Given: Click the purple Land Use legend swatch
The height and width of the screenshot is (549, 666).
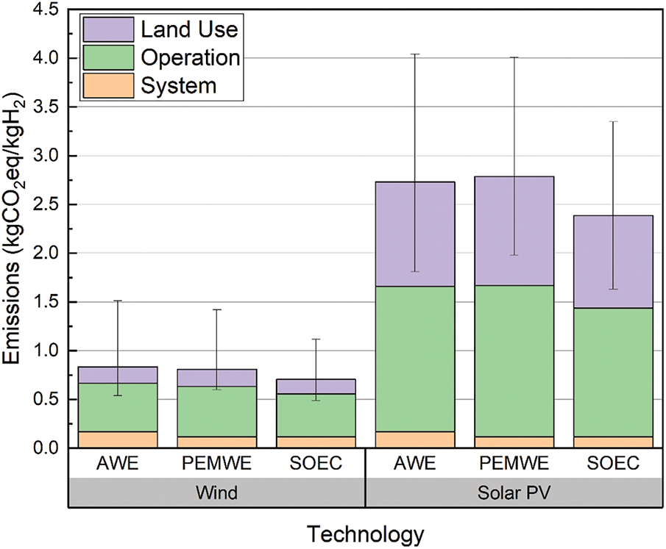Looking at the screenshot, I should tap(107, 29).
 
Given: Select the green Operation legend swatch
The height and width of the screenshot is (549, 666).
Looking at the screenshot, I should tap(107, 57).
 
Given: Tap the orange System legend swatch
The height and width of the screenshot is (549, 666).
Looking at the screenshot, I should tap(107, 85).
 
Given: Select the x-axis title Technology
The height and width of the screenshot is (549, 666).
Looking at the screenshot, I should tap(365, 532).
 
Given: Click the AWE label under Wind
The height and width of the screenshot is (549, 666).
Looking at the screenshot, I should tap(118, 464).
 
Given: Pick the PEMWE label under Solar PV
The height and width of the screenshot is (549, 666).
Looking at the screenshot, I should tap(514, 464).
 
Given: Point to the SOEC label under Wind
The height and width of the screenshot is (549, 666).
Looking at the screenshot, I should tap(316, 464).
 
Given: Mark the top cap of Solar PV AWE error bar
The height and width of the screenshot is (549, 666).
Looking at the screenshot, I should tap(415, 54).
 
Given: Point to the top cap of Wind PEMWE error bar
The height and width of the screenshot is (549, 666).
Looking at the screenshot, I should tap(217, 309).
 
